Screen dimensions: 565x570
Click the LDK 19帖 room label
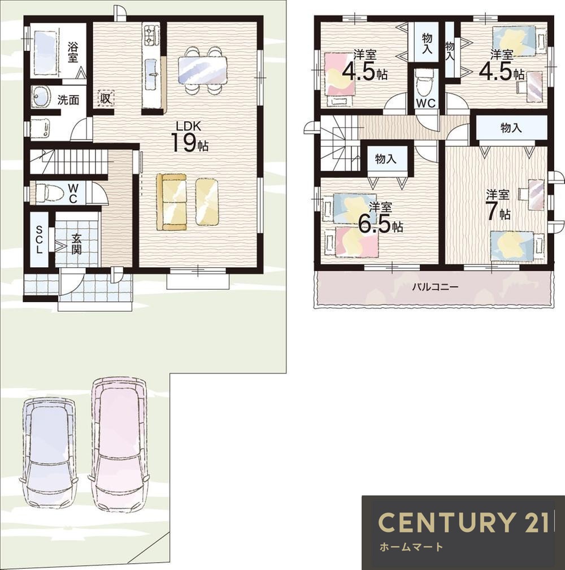pyautogui.click(x=189, y=137)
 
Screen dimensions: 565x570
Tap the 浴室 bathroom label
pyautogui.click(x=73, y=52)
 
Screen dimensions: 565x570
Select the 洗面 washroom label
pyautogui.click(x=68, y=99)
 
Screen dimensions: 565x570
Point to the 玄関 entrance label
pyautogui.click(x=76, y=243)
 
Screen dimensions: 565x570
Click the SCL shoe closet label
pyautogui.click(x=39, y=240)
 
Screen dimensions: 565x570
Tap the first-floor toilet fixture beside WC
pyautogui.click(x=45, y=192)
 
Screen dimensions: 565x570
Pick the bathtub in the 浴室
pyautogui.click(x=46, y=52)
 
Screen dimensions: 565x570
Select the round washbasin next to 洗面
pyautogui.click(x=41, y=97)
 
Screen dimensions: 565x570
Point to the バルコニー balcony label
pyautogui.click(x=435, y=287)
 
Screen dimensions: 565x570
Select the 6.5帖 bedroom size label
pyautogui.click(x=380, y=218)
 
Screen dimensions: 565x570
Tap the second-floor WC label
pyautogui.click(x=426, y=103)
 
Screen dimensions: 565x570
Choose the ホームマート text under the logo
pyautogui.click(x=411, y=546)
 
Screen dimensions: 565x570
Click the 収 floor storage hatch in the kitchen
pyautogui.click(x=106, y=98)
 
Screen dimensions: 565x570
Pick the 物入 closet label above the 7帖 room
pyautogui.click(x=511, y=128)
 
